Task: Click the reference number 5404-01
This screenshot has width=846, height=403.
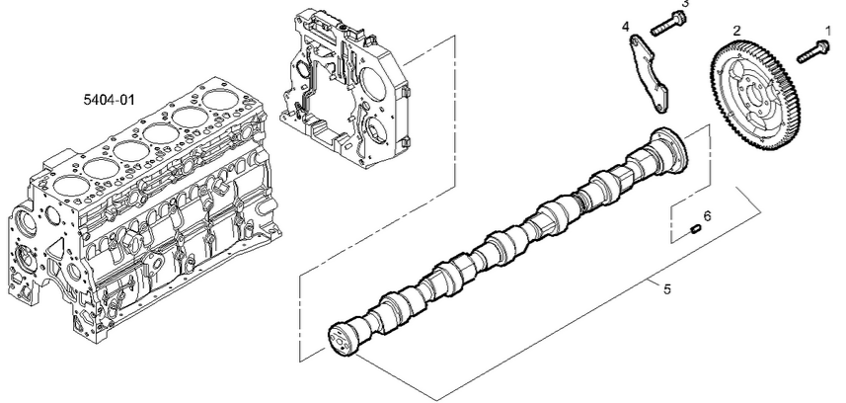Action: tap(109, 100)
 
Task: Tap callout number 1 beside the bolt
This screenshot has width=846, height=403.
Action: tap(828, 31)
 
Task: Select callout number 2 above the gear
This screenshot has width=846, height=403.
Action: tap(737, 31)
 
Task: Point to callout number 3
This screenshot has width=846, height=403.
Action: tap(685, 4)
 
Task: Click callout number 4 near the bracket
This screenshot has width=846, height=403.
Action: tap(625, 27)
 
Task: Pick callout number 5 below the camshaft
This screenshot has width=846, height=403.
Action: tap(667, 289)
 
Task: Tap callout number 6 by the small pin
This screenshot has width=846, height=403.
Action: tap(708, 215)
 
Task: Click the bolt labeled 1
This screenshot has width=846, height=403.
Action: tap(813, 50)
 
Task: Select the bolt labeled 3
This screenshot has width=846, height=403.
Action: tap(668, 24)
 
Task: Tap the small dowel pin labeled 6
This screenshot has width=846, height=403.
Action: tap(695, 229)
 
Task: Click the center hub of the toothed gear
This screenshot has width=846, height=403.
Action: tap(756, 96)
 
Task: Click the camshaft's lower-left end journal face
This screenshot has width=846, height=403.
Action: tap(341, 339)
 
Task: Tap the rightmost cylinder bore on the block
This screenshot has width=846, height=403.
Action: tap(222, 100)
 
